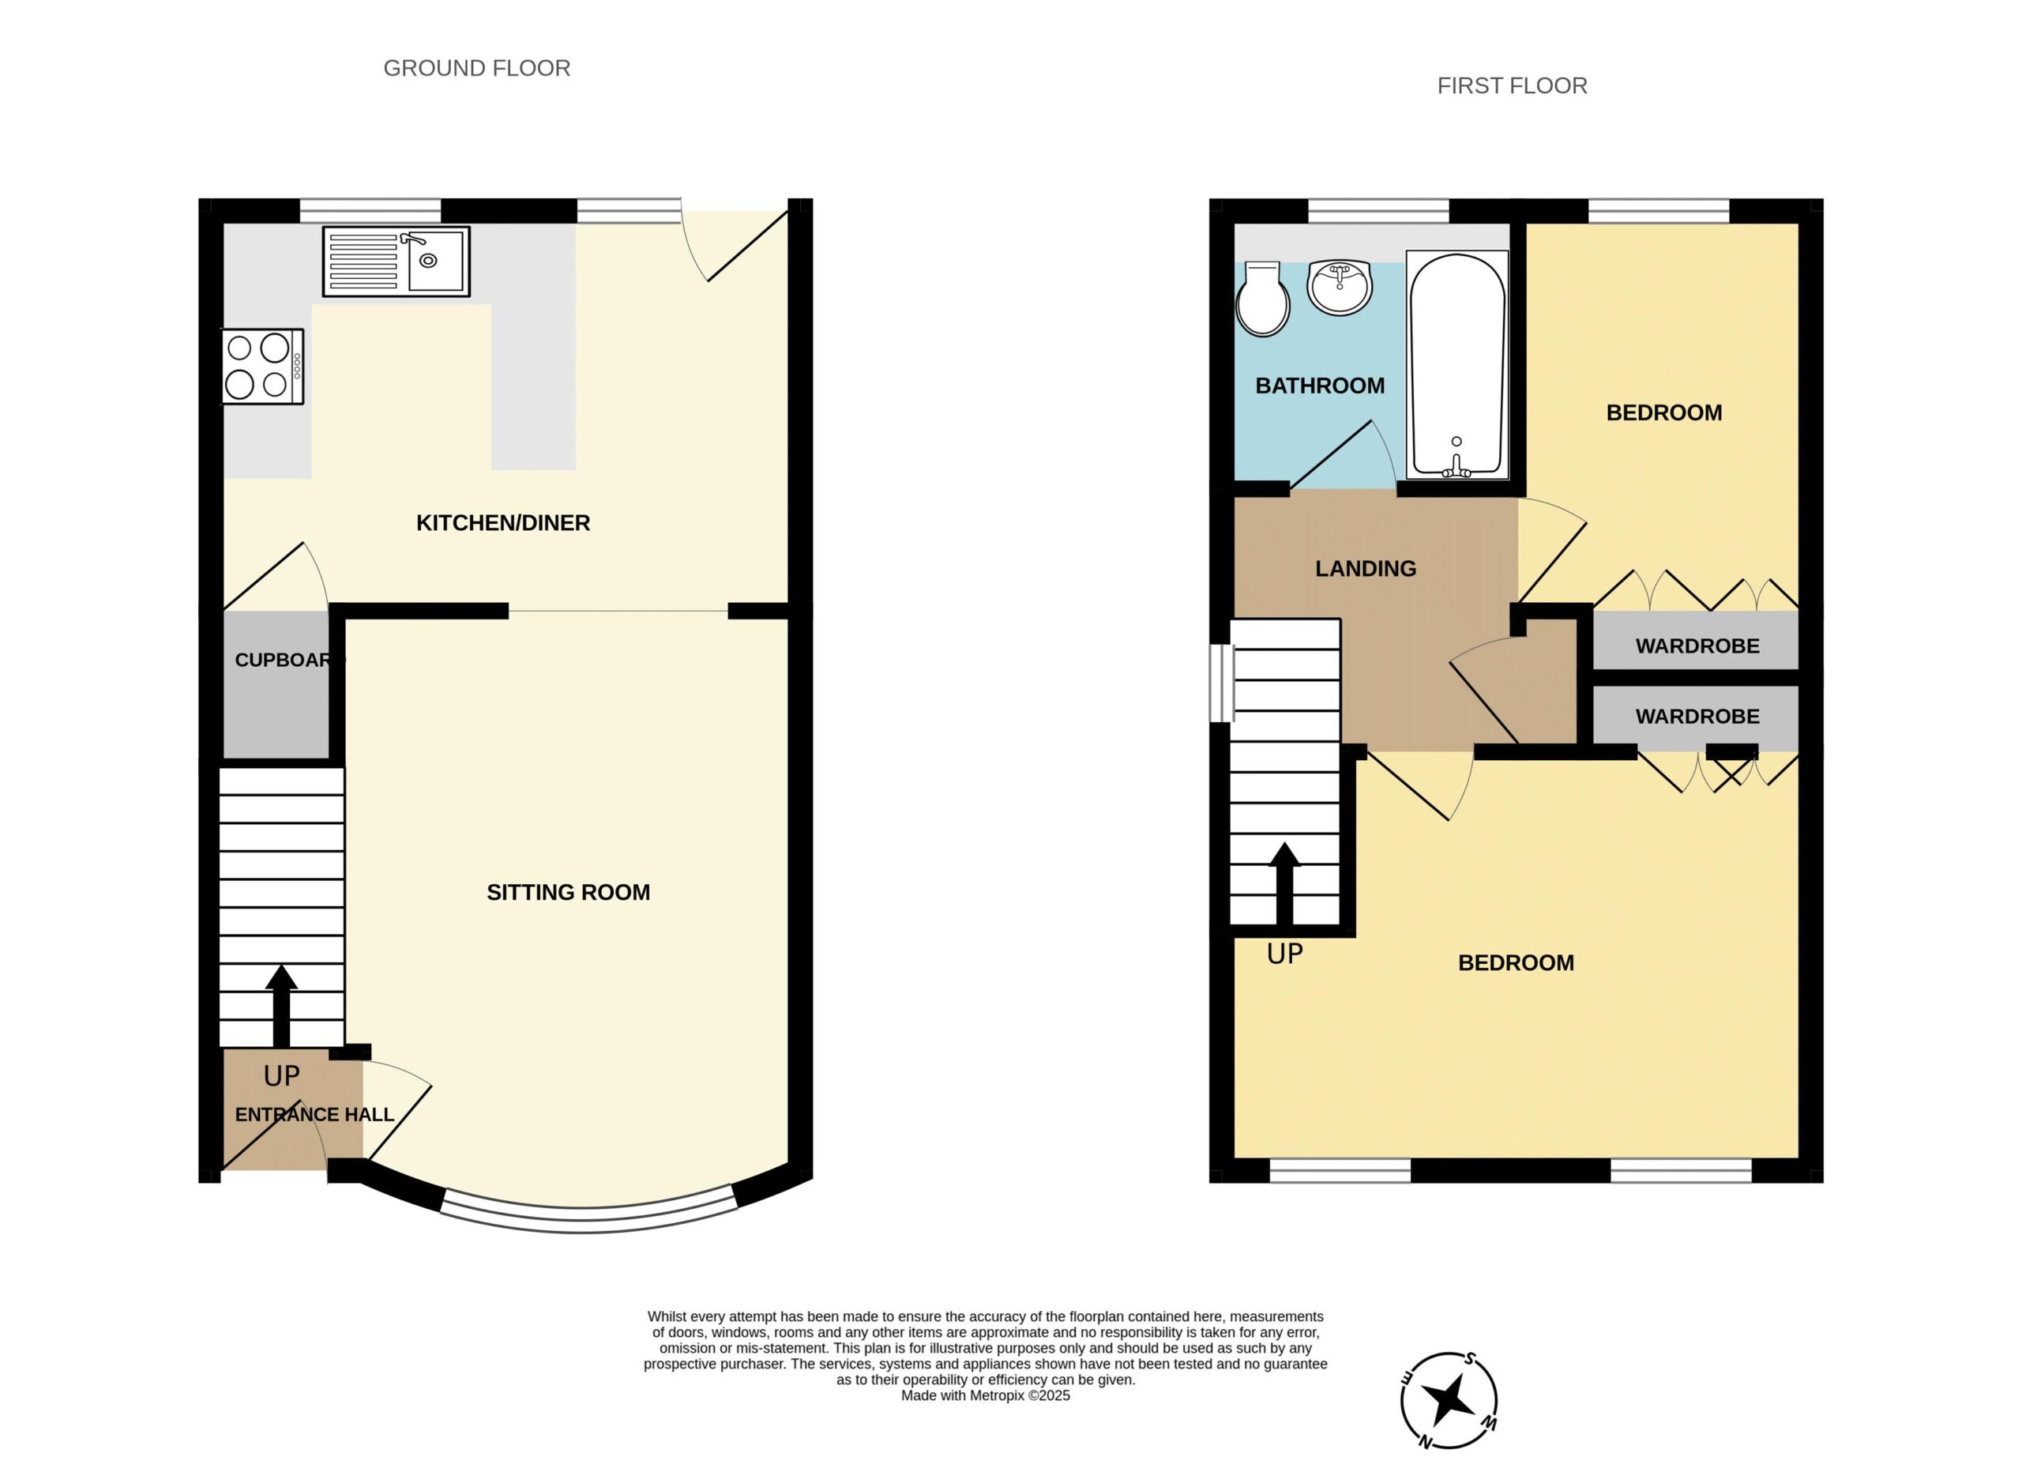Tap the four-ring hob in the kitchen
tap(263, 367)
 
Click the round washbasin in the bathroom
tap(1339, 287)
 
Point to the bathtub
tap(1456, 365)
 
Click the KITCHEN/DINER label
tap(503, 523)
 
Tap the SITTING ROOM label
tap(568, 893)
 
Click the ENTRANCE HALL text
tap(314, 1115)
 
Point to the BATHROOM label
tap(1320, 386)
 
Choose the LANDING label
tap(1366, 569)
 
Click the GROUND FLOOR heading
tap(477, 69)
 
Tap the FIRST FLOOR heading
tap(1512, 86)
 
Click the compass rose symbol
tap(1449, 1401)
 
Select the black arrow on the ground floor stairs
tap(282, 1005)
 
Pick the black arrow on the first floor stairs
tap(1285, 883)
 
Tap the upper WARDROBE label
tap(1697, 646)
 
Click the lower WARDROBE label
tap(1697, 717)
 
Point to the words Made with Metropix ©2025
tap(985, 1396)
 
